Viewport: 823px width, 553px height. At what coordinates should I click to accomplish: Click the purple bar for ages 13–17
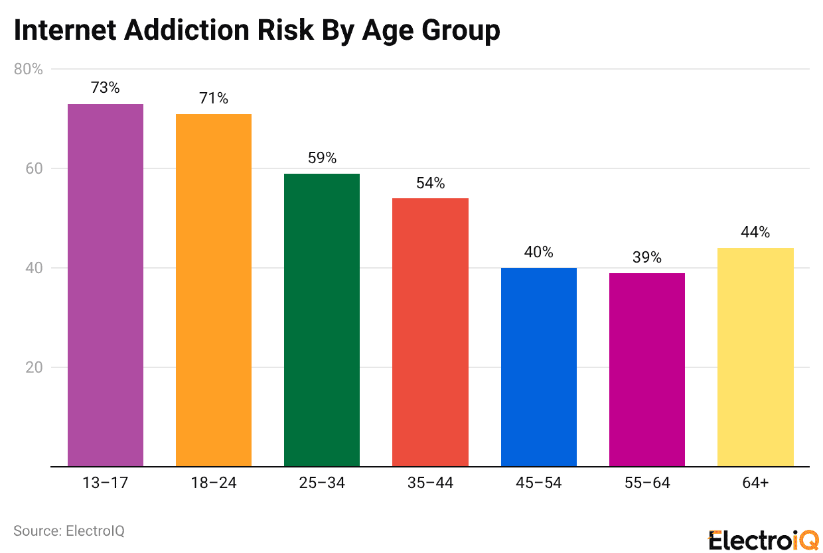tap(106, 285)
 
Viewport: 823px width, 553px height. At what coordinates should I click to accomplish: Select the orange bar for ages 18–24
tap(214, 290)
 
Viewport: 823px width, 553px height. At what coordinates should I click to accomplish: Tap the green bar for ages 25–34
tap(322, 320)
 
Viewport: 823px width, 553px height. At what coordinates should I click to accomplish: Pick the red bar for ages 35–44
tap(430, 332)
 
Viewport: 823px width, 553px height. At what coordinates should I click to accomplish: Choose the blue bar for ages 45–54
tap(538, 367)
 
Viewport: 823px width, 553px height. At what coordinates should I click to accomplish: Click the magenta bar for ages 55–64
tap(646, 369)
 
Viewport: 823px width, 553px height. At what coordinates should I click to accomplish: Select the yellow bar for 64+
tap(755, 357)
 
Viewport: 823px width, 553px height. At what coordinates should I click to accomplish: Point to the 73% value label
tap(106, 88)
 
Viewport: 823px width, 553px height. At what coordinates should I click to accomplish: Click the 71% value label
tap(214, 98)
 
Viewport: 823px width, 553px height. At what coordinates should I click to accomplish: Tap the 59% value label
tap(322, 158)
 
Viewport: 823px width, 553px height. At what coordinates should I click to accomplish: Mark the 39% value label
tap(646, 257)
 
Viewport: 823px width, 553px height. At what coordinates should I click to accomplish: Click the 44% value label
tap(755, 232)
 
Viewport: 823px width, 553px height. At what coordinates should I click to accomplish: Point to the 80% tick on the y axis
tap(29, 69)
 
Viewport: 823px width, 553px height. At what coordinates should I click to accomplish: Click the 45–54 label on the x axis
tap(538, 483)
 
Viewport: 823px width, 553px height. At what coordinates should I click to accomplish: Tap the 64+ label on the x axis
tap(755, 483)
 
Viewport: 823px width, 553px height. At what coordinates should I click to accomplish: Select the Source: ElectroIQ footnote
tap(69, 531)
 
